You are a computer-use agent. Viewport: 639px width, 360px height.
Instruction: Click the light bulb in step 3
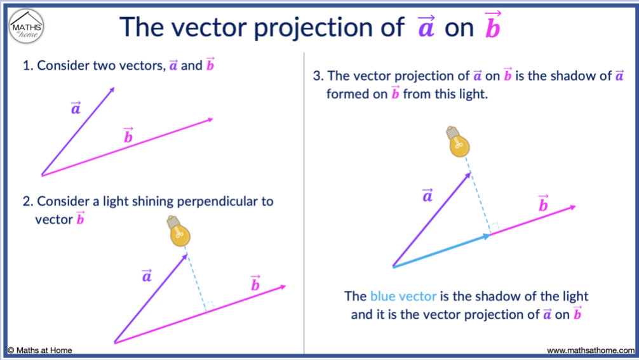(459, 142)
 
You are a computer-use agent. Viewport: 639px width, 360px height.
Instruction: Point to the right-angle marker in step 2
(210, 306)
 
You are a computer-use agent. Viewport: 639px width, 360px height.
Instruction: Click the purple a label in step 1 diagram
(76, 109)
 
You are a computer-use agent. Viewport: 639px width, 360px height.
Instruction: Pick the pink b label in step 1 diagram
(128, 136)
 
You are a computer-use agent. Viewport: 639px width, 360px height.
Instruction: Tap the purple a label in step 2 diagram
(147, 276)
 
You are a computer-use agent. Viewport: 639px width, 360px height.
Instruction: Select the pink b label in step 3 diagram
(543, 204)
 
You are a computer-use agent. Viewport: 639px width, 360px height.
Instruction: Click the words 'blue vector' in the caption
(403, 296)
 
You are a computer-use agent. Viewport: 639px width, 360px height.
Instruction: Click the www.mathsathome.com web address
(590, 350)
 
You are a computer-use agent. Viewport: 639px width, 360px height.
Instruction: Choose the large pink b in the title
(492, 27)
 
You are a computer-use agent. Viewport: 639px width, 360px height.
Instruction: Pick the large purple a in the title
(426, 28)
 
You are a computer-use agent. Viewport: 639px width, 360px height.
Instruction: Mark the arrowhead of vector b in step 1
(209, 119)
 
